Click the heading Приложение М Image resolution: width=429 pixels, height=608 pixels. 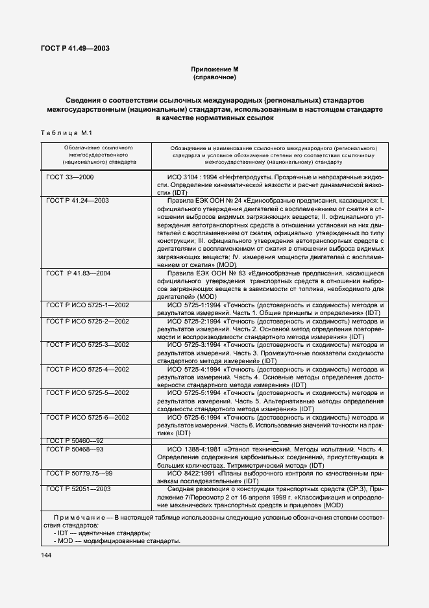(x=214, y=69)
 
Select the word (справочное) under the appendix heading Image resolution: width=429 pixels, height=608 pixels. (x=214, y=77)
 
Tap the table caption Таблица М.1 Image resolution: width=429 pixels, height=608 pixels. (x=64, y=133)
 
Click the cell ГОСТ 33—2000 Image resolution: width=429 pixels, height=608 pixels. (x=70, y=177)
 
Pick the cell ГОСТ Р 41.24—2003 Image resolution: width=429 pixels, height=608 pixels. (x=78, y=201)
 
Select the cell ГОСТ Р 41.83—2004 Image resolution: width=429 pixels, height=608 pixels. (x=79, y=273)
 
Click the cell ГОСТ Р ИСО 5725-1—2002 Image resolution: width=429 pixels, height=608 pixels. (x=88, y=305)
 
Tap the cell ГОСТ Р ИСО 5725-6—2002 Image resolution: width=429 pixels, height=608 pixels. (x=88, y=417)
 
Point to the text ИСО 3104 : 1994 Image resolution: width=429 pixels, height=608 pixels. (x=195, y=177)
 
